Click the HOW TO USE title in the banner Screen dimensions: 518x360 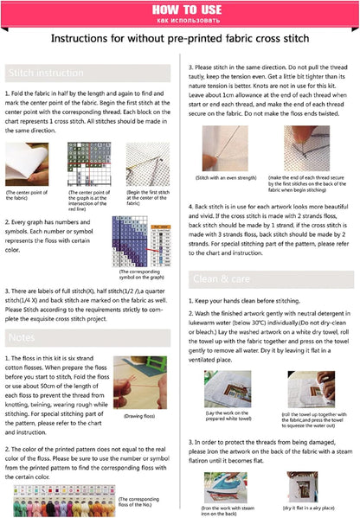point(179,9)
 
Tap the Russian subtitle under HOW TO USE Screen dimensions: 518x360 point(179,18)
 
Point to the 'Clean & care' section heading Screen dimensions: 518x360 point(220,278)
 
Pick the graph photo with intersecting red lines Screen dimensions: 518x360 point(85,163)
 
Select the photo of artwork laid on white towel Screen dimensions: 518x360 point(227,389)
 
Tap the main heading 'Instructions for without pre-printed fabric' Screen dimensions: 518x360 point(180,40)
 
